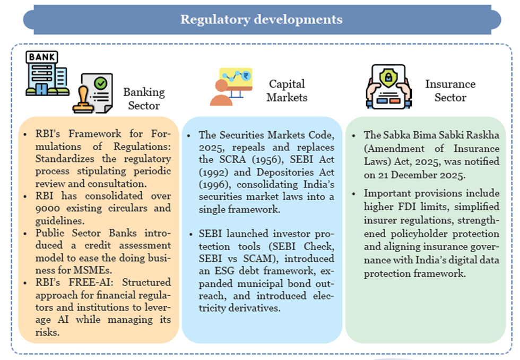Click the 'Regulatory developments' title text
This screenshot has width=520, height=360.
[261, 20]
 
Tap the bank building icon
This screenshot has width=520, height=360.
[47, 74]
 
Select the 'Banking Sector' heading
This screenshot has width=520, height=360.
[144, 99]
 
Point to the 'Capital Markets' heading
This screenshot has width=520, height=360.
[287, 91]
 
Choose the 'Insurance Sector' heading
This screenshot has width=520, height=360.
[450, 91]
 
